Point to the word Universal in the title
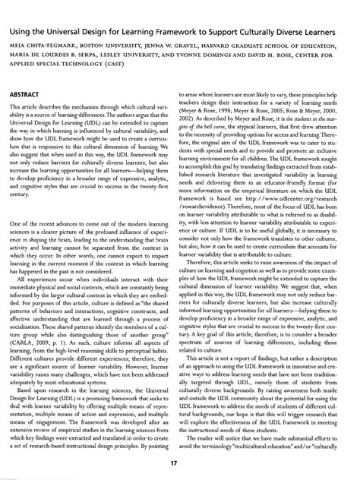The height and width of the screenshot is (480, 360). click(x=74, y=34)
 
